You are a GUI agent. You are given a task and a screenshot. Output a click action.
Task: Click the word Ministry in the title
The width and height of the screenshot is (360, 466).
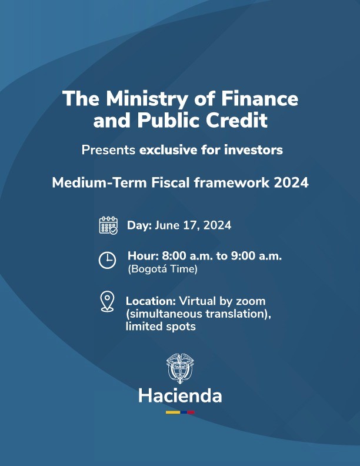(147, 99)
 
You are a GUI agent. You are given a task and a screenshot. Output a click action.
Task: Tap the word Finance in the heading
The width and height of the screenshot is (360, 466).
(259, 98)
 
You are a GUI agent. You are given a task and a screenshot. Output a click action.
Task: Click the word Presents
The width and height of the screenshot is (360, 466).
(108, 150)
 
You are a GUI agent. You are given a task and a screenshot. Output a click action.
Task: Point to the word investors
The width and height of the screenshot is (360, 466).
(254, 150)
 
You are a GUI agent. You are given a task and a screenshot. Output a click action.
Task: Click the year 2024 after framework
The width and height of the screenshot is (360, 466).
(291, 182)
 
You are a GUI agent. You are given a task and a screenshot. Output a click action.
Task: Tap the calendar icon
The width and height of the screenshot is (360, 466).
(108, 225)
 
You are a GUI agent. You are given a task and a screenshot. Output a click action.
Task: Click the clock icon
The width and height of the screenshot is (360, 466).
(107, 260)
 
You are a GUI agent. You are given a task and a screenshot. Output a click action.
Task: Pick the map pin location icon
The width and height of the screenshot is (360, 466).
(107, 301)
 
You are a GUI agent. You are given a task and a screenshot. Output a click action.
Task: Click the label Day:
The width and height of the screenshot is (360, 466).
(139, 225)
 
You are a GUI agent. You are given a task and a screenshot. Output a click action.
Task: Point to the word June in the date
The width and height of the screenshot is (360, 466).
(167, 225)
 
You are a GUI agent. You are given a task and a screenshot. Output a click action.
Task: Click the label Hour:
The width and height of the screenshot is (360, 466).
(143, 256)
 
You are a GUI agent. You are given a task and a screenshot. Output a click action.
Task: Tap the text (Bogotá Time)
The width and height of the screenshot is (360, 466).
(163, 269)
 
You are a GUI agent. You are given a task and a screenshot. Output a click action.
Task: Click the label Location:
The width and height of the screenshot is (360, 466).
(151, 301)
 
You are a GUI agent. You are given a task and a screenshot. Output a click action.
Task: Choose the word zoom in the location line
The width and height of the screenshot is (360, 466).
(251, 301)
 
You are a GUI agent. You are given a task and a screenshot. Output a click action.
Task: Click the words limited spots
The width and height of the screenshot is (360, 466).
(161, 327)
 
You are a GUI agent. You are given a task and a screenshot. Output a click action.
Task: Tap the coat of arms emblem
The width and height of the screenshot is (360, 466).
(179, 368)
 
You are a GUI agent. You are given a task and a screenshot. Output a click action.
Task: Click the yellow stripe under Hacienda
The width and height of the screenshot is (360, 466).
(173, 412)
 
